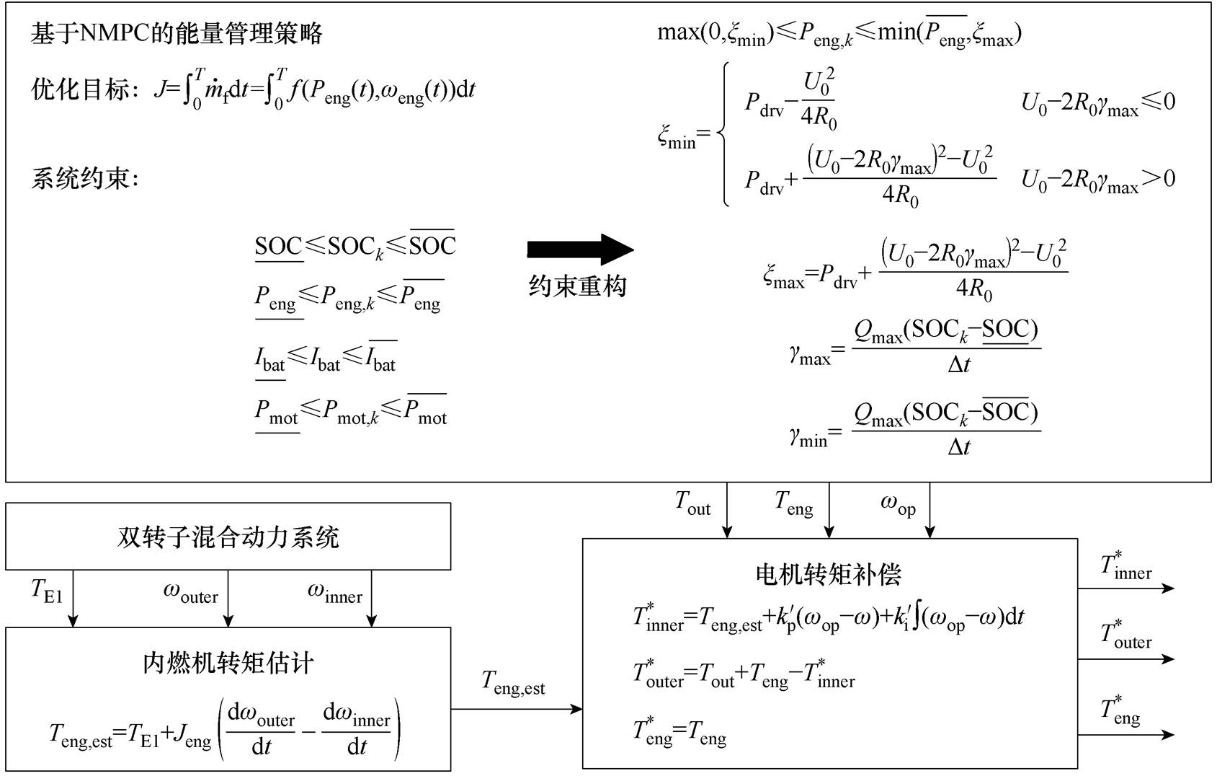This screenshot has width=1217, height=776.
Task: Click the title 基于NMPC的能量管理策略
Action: coord(177,33)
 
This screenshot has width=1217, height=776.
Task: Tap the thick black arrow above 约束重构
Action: coord(580,250)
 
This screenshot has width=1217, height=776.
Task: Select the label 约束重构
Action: coord(578,286)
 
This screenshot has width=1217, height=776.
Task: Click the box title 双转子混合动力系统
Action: coord(228,537)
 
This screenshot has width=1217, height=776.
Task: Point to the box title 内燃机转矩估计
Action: coord(228,663)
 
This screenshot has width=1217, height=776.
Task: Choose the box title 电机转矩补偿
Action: coord(829,574)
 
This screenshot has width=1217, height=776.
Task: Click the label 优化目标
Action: coord(81,89)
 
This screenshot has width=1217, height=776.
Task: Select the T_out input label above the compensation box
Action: coord(692,503)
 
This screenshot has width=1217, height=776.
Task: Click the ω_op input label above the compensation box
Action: coord(898,503)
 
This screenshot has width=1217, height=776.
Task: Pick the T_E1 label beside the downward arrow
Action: coord(47,591)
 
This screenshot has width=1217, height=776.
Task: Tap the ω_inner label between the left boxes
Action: coord(335,592)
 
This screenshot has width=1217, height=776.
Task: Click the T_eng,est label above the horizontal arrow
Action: coord(513,682)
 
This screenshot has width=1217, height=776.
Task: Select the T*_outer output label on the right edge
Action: coord(1125,635)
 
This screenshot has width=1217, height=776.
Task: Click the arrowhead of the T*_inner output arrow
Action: coord(1168,588)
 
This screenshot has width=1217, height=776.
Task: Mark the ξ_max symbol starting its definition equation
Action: coord(783,276)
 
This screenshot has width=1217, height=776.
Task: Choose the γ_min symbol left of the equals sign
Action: coord(808,436)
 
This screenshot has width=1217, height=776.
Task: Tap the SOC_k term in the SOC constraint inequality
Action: coord(356,247)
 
